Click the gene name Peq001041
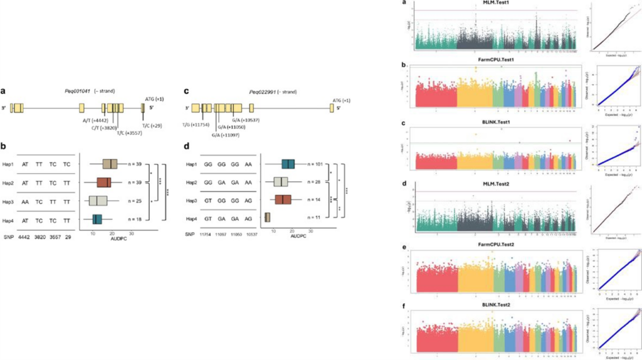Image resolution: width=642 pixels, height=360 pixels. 78,92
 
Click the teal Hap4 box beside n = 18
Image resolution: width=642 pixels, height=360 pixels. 97,220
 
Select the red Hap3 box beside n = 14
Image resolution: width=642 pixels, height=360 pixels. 283,200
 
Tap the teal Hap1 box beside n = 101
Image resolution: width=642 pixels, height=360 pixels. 288,164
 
